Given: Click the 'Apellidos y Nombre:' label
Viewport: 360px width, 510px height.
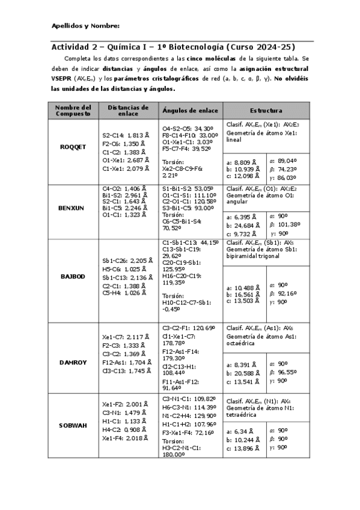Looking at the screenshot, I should point(85,26).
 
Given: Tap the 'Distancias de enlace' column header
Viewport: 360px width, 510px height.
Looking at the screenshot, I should point(127,110).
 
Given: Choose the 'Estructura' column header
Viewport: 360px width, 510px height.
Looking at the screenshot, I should point(266,111).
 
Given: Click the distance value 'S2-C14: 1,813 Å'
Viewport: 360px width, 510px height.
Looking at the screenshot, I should point(123,136).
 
